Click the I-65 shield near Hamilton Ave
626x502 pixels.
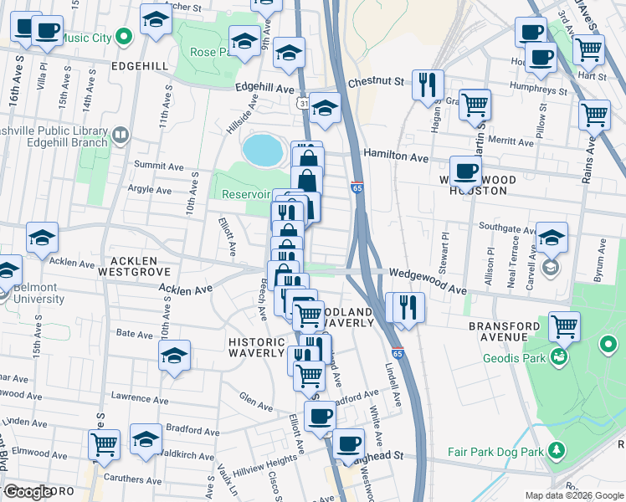357,188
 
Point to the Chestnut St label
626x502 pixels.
376,82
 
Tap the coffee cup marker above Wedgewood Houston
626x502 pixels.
466,172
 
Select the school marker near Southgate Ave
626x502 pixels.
552,237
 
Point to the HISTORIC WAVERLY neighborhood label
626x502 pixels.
257,347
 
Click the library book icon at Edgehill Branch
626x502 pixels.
121,135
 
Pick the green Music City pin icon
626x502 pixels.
123,37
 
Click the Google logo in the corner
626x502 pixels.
27,492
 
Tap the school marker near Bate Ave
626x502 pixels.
174,356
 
